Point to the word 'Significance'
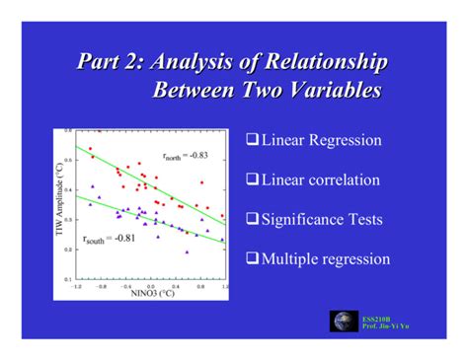pyautogui.click(x=309, y=220)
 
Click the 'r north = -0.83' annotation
pyautogui.click(x=185, y=155)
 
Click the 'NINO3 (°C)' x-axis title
pyautogui.click(x=150, y=292)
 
